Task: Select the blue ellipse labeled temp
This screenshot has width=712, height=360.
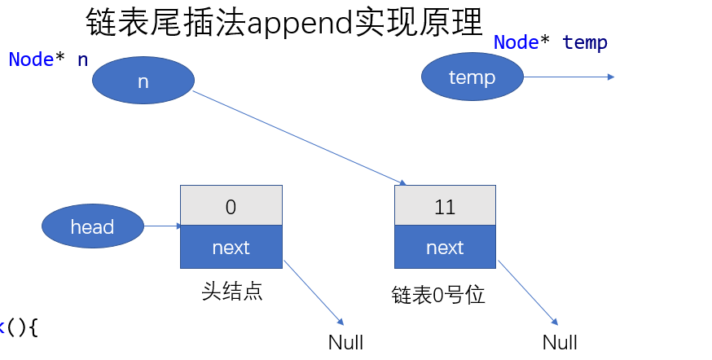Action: pyautogui.click(x=472, y=77)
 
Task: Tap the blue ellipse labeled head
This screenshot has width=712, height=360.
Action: pyautogui.click(x=92, y=226)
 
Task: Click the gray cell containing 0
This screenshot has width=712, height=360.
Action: pyautogui.click(x=231, y=206)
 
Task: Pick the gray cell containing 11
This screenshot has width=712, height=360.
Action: pyautogui.click(x=445, y=206)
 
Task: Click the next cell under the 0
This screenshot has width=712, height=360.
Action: pyautogui.click(x=231, y=248)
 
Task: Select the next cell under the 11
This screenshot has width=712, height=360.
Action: pyautogui.click(x=445, y=248)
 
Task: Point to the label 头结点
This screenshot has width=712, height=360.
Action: pyautogui.click(x=231, y=292)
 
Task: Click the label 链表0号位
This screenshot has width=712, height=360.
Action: pyautogui.click(x=438, y=295)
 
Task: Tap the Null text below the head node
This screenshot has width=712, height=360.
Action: pyautogui.click(x=345, y=342)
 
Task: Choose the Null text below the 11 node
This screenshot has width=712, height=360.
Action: pyautogui.click(x=560, y=342)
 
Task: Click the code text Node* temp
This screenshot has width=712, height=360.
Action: pyautogui.click(x=551, y=42)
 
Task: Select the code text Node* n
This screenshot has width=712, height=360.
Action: pyautogui.click(x=48, y=59)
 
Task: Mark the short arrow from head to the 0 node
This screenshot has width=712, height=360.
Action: pyautogui.click(x=163, y=226)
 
